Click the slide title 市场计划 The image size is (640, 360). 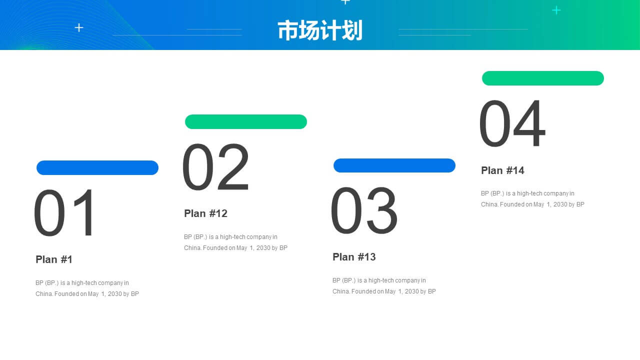(320, 30)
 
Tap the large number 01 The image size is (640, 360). (64, 212)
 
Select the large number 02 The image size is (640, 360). (215, 167)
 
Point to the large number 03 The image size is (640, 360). (364, 210)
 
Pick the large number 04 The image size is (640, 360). (512, 123)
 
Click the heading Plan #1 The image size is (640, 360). (53, 259)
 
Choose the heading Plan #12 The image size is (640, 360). (205, 213)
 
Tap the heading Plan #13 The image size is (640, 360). (354, 257)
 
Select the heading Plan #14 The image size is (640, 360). (502, 170)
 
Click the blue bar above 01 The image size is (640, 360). (97, 167)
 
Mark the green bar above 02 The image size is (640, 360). (246, 121)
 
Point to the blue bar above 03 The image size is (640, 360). (394, 165)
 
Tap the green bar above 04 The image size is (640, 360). (543, 78)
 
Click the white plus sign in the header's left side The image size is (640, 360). (79, 27)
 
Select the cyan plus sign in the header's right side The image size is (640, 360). (556, 10)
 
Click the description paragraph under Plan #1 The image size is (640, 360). (87, 288)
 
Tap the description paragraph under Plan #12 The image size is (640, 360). (235, 242)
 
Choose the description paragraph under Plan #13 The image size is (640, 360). (384, 285)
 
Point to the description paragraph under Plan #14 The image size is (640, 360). (533, 199)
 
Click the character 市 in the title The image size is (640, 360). (288, 30)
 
